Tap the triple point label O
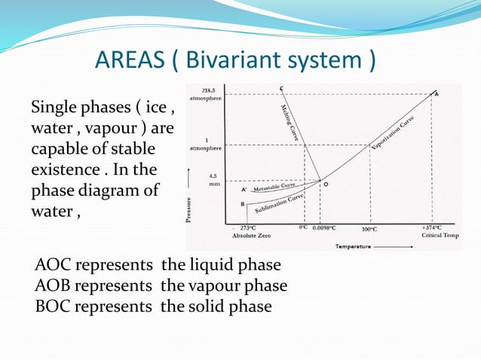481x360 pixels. point(326,183)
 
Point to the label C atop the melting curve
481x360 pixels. point(281,90)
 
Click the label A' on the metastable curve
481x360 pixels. point(244,190)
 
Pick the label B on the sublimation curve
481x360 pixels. point(242,203)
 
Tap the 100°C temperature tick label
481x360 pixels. point(369,228)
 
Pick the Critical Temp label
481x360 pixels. point(440,236)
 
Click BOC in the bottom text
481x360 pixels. point(52,306)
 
